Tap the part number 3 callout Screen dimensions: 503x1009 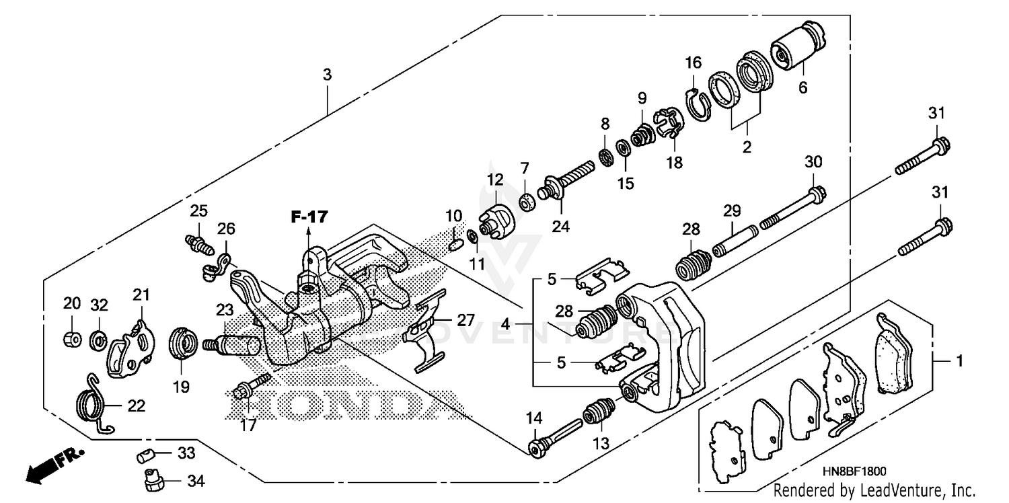pyautogui.click(x=327, y=75)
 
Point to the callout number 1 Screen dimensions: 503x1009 pyautogui.click(x=960, y=361)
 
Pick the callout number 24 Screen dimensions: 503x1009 pyautogui.click(x=560, y=227)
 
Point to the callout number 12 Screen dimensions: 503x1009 pyautogui.click(x=495, y=180)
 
